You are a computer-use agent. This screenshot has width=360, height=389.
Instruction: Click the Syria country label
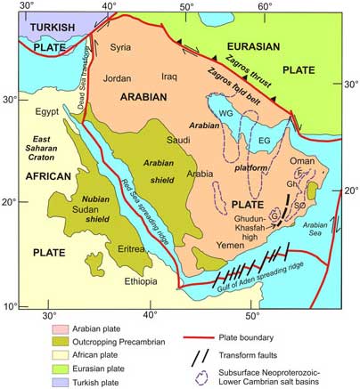[121, 46]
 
